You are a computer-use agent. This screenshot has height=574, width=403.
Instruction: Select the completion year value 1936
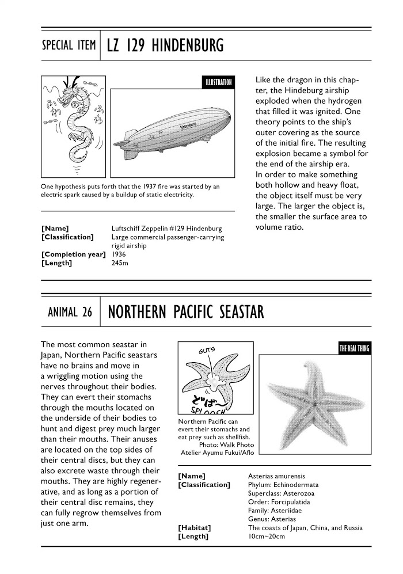[119, 254]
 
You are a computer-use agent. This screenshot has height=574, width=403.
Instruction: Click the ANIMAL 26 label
[70, 313]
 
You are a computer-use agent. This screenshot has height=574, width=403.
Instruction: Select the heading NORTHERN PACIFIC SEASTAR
[186, 313]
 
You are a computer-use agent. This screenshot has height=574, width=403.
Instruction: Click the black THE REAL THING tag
[353, 349]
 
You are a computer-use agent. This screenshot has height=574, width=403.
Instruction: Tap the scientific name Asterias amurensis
[276, 477]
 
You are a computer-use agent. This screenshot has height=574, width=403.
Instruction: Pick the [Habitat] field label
[195, 528]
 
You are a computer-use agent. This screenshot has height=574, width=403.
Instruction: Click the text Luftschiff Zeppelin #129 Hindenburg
[166, 229]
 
